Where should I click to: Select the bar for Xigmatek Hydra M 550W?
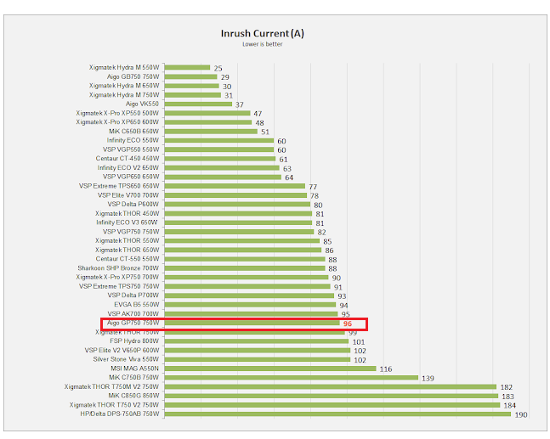point(187,67)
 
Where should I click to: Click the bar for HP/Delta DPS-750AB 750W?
point(332,414)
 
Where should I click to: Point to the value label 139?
point(428,378)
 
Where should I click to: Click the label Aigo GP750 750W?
point(132,323)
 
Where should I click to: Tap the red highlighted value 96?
point(347,324)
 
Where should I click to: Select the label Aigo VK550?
point(142,104)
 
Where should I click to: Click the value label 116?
point(385,369)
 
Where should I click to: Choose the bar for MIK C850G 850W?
point(330,396)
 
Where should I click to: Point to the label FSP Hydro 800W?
point(134,341)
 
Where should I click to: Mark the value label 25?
point(218,67)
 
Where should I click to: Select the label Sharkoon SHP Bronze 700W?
point(118,267)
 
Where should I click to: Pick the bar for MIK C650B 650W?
point(210,131)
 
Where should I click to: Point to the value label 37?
point(240,104)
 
